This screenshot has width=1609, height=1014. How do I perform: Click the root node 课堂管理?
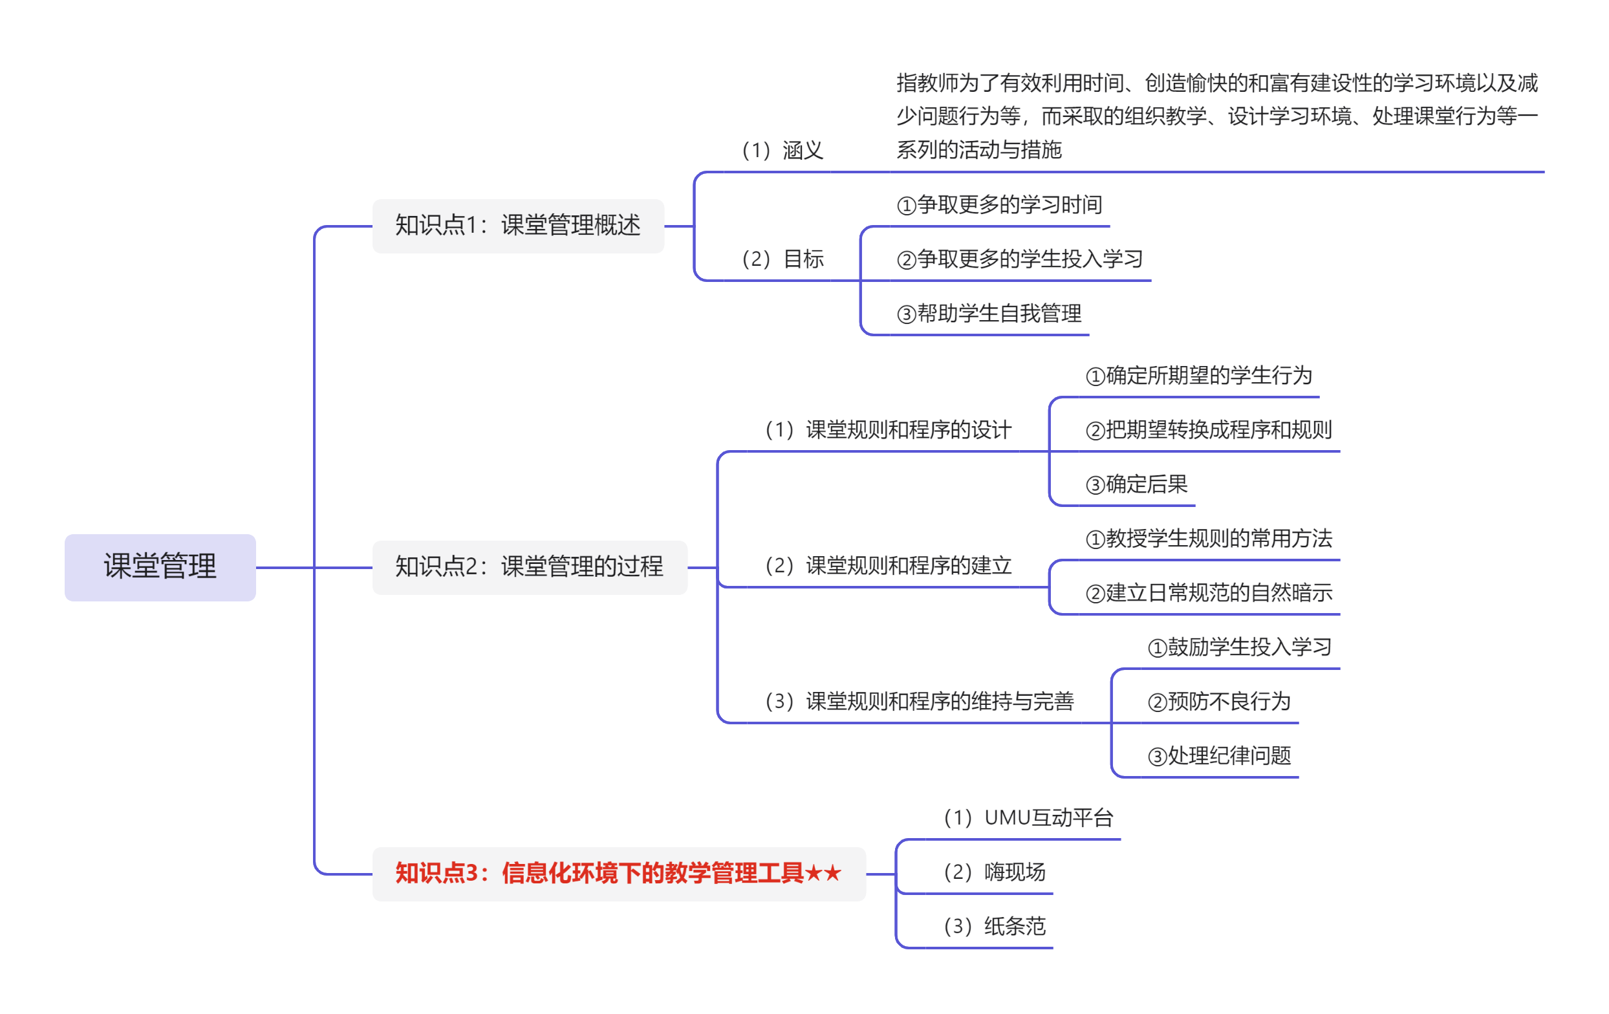pos(160,567)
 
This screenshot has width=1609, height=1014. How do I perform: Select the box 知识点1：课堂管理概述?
pos(518,226)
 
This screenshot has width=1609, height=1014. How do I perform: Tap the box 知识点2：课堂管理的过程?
pos(529,567)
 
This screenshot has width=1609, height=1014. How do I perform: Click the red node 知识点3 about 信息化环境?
pos(619,874)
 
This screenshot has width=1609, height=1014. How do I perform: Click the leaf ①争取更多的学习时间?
pos(999,204)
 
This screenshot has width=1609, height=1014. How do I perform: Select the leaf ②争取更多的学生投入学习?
pos(1020,259)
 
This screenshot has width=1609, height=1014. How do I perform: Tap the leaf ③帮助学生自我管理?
pos(989,313)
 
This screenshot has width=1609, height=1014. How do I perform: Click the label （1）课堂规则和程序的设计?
pos(888,429)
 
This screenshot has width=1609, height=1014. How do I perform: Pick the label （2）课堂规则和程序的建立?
pos(888,566)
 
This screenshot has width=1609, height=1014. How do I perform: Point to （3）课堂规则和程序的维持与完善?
pos(919,702)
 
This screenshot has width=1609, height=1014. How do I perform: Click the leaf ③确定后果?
pos(1137,484)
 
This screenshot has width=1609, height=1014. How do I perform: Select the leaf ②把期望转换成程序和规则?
pos(1209,429)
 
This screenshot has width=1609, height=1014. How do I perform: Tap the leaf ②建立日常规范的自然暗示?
pos(1209,592)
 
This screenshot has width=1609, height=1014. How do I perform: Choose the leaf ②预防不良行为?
pos(1219,702)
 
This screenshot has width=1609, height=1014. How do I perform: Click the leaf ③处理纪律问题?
pos(1219,756)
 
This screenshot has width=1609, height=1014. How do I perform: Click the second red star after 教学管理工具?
pos(832,873)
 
